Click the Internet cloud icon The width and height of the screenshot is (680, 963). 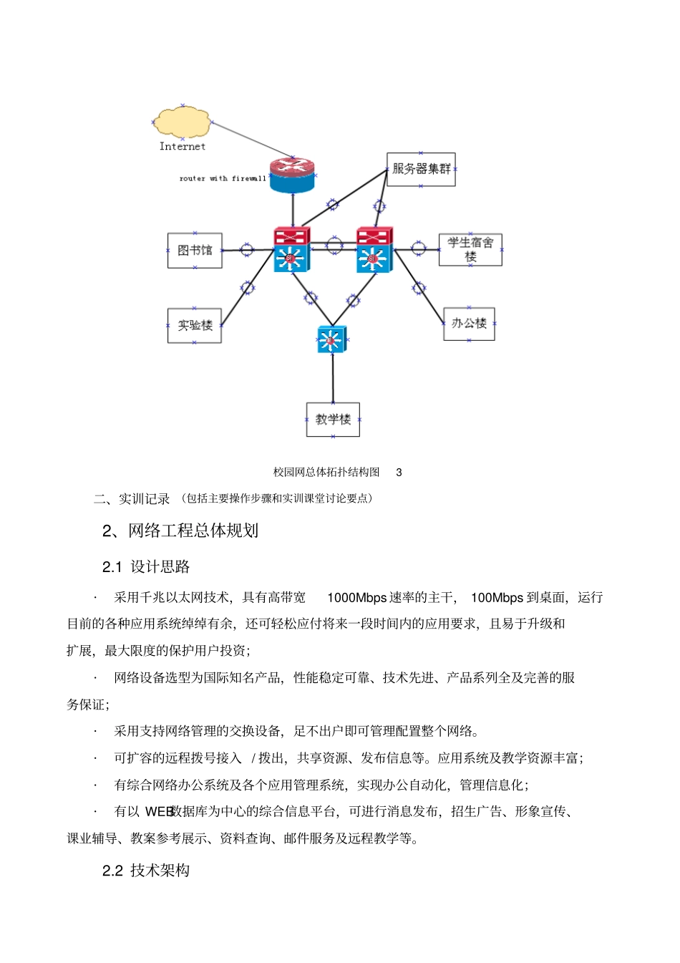click(x=182, y=122)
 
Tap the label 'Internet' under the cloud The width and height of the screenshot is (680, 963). click(x=182, y=146)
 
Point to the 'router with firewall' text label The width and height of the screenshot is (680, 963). click(x=222, y=178)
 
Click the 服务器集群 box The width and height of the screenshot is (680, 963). click(x=421, y=170)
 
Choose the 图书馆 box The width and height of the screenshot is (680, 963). click(x=195, y=251)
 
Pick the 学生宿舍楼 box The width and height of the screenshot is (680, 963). click(x=470, y=250)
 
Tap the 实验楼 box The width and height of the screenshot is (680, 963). click(x=195, y=326)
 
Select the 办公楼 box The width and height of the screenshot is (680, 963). click(x=469, y=324)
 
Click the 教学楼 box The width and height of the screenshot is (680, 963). click(x=333, y=420)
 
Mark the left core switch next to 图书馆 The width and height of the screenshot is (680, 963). click(x=291, y=250)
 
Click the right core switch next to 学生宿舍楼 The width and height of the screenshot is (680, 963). click(x=374, y=250)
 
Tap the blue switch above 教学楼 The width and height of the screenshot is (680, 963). click(x=331, y=339)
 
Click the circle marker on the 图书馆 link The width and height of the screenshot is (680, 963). click(x=246, y=250)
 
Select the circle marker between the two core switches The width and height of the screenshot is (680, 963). click(x=334, y=245)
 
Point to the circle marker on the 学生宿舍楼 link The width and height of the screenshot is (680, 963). click(x=418, y=249)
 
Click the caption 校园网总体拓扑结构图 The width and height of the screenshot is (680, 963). click(x=326, y=472)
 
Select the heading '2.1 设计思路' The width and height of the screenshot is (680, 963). click(x=146, y=567)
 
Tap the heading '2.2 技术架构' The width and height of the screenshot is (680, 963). click(x=146, y=871)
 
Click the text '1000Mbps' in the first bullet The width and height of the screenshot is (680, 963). click(x=356, y=598)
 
